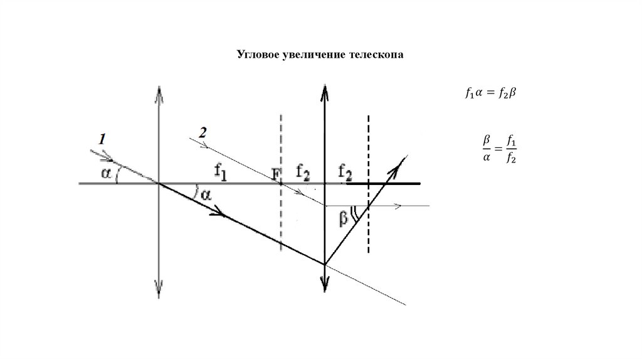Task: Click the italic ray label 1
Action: pos(102,139)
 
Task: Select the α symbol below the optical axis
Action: pos(206,196)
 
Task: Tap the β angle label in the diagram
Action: pos(342,218)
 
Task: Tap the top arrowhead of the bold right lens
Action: pos(324,91)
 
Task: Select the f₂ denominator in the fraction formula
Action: pos(512,159)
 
